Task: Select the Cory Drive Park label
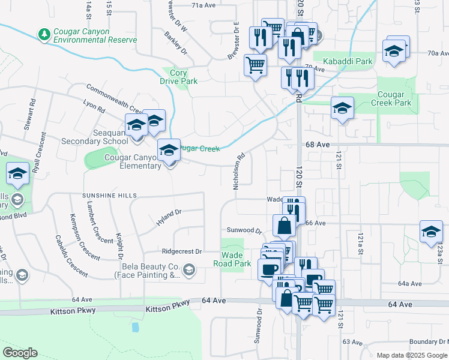tap(178, 76)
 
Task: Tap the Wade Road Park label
tap(232, 259)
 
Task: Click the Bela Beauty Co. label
tap(151, 271)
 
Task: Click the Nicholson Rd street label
tap(238, 171)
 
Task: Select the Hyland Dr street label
tap(169, 217)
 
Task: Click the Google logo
tap(20, 353)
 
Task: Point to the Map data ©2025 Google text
tap(412, 355)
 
